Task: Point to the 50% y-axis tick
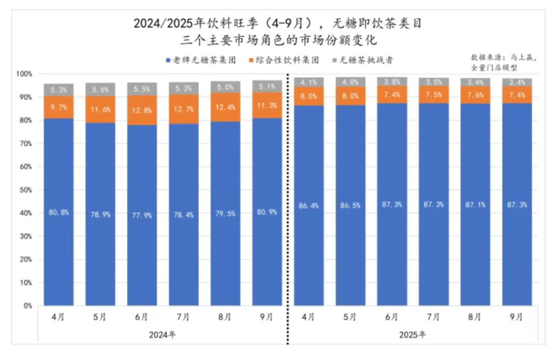25,190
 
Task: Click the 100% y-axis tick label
24,74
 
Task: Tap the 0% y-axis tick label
27,306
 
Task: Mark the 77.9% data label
142,215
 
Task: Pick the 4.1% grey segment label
309,82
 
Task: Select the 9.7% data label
59,108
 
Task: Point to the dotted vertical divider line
288,216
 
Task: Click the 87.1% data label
475,205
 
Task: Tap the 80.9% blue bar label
267,212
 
